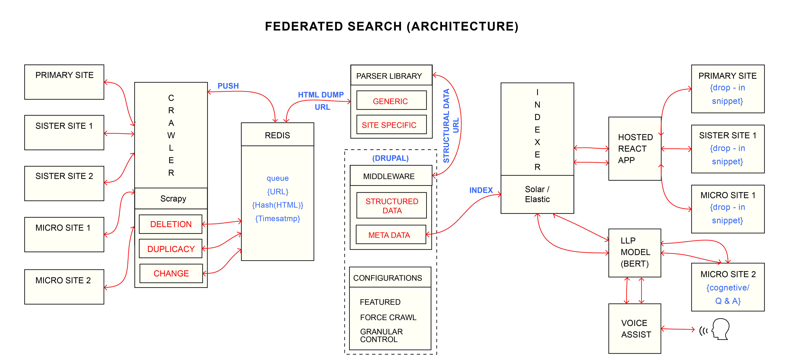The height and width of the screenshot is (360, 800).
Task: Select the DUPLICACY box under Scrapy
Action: [x=170, y=249]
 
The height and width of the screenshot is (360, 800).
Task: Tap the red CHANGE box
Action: [x=171, y=273]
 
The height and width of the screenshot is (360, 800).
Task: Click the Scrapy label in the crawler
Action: [x=173, y=198]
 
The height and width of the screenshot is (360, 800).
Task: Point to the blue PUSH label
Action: [x=228, y=86]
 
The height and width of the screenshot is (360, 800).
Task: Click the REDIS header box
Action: [x=277, y=135]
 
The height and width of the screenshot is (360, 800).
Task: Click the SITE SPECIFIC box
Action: [x=391, y=125]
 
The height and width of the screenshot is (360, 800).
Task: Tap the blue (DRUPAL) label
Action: [x=390, y=158]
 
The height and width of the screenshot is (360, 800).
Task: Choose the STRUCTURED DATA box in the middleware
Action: [x=392, y=206]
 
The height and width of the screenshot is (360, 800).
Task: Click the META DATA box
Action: [x=390, y=235]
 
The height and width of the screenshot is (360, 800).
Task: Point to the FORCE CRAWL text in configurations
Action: [x=388, y=317]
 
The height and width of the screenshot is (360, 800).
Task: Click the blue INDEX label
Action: [x=481, y=190]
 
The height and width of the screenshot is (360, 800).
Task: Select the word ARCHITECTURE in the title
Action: [x=462, y=26]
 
